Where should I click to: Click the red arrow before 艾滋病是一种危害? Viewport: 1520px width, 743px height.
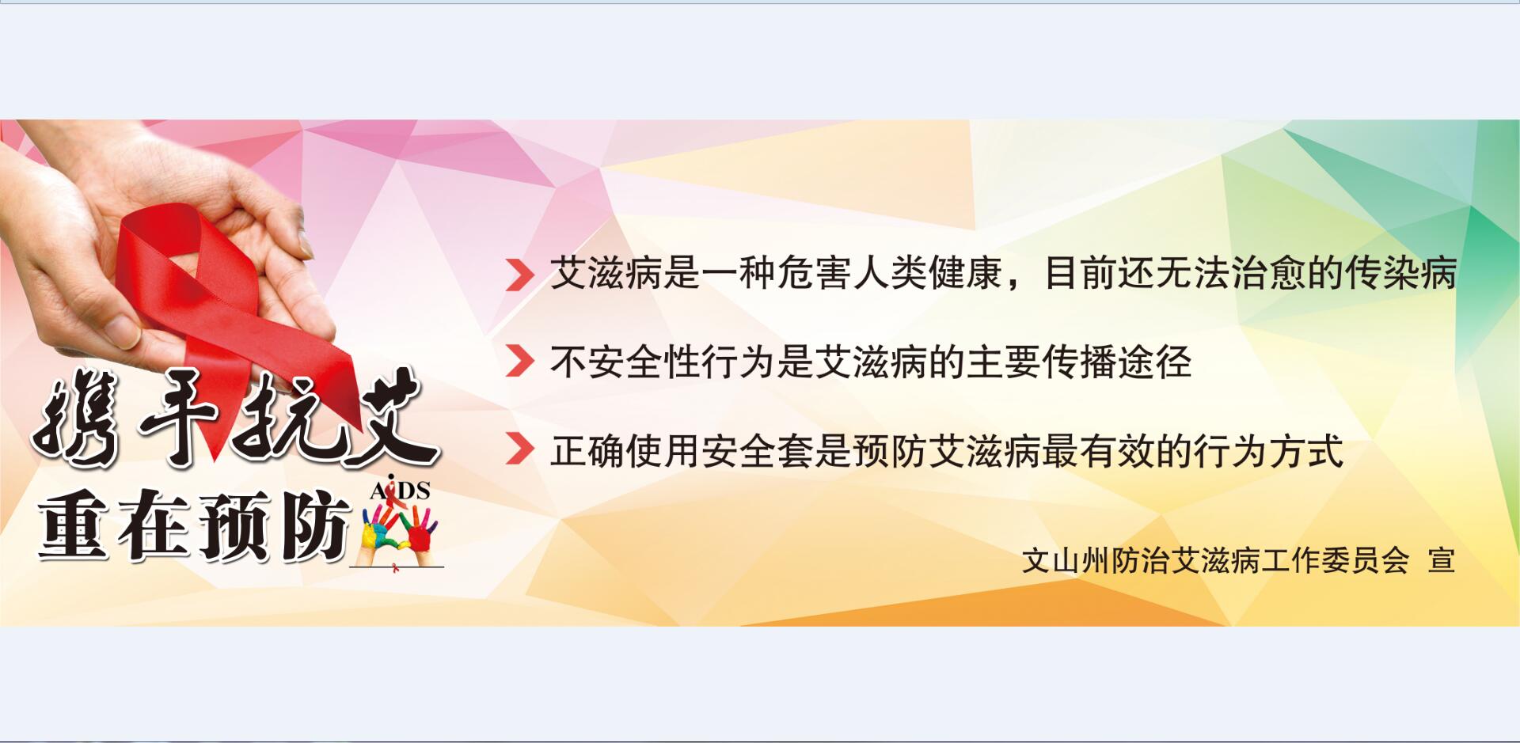tap(519, 274)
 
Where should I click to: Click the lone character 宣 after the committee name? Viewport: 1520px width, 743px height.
tap(1441, 560)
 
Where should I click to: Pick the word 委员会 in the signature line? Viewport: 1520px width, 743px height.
tap(1366, 560)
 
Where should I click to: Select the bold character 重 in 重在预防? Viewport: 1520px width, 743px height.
tap(73, 526)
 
